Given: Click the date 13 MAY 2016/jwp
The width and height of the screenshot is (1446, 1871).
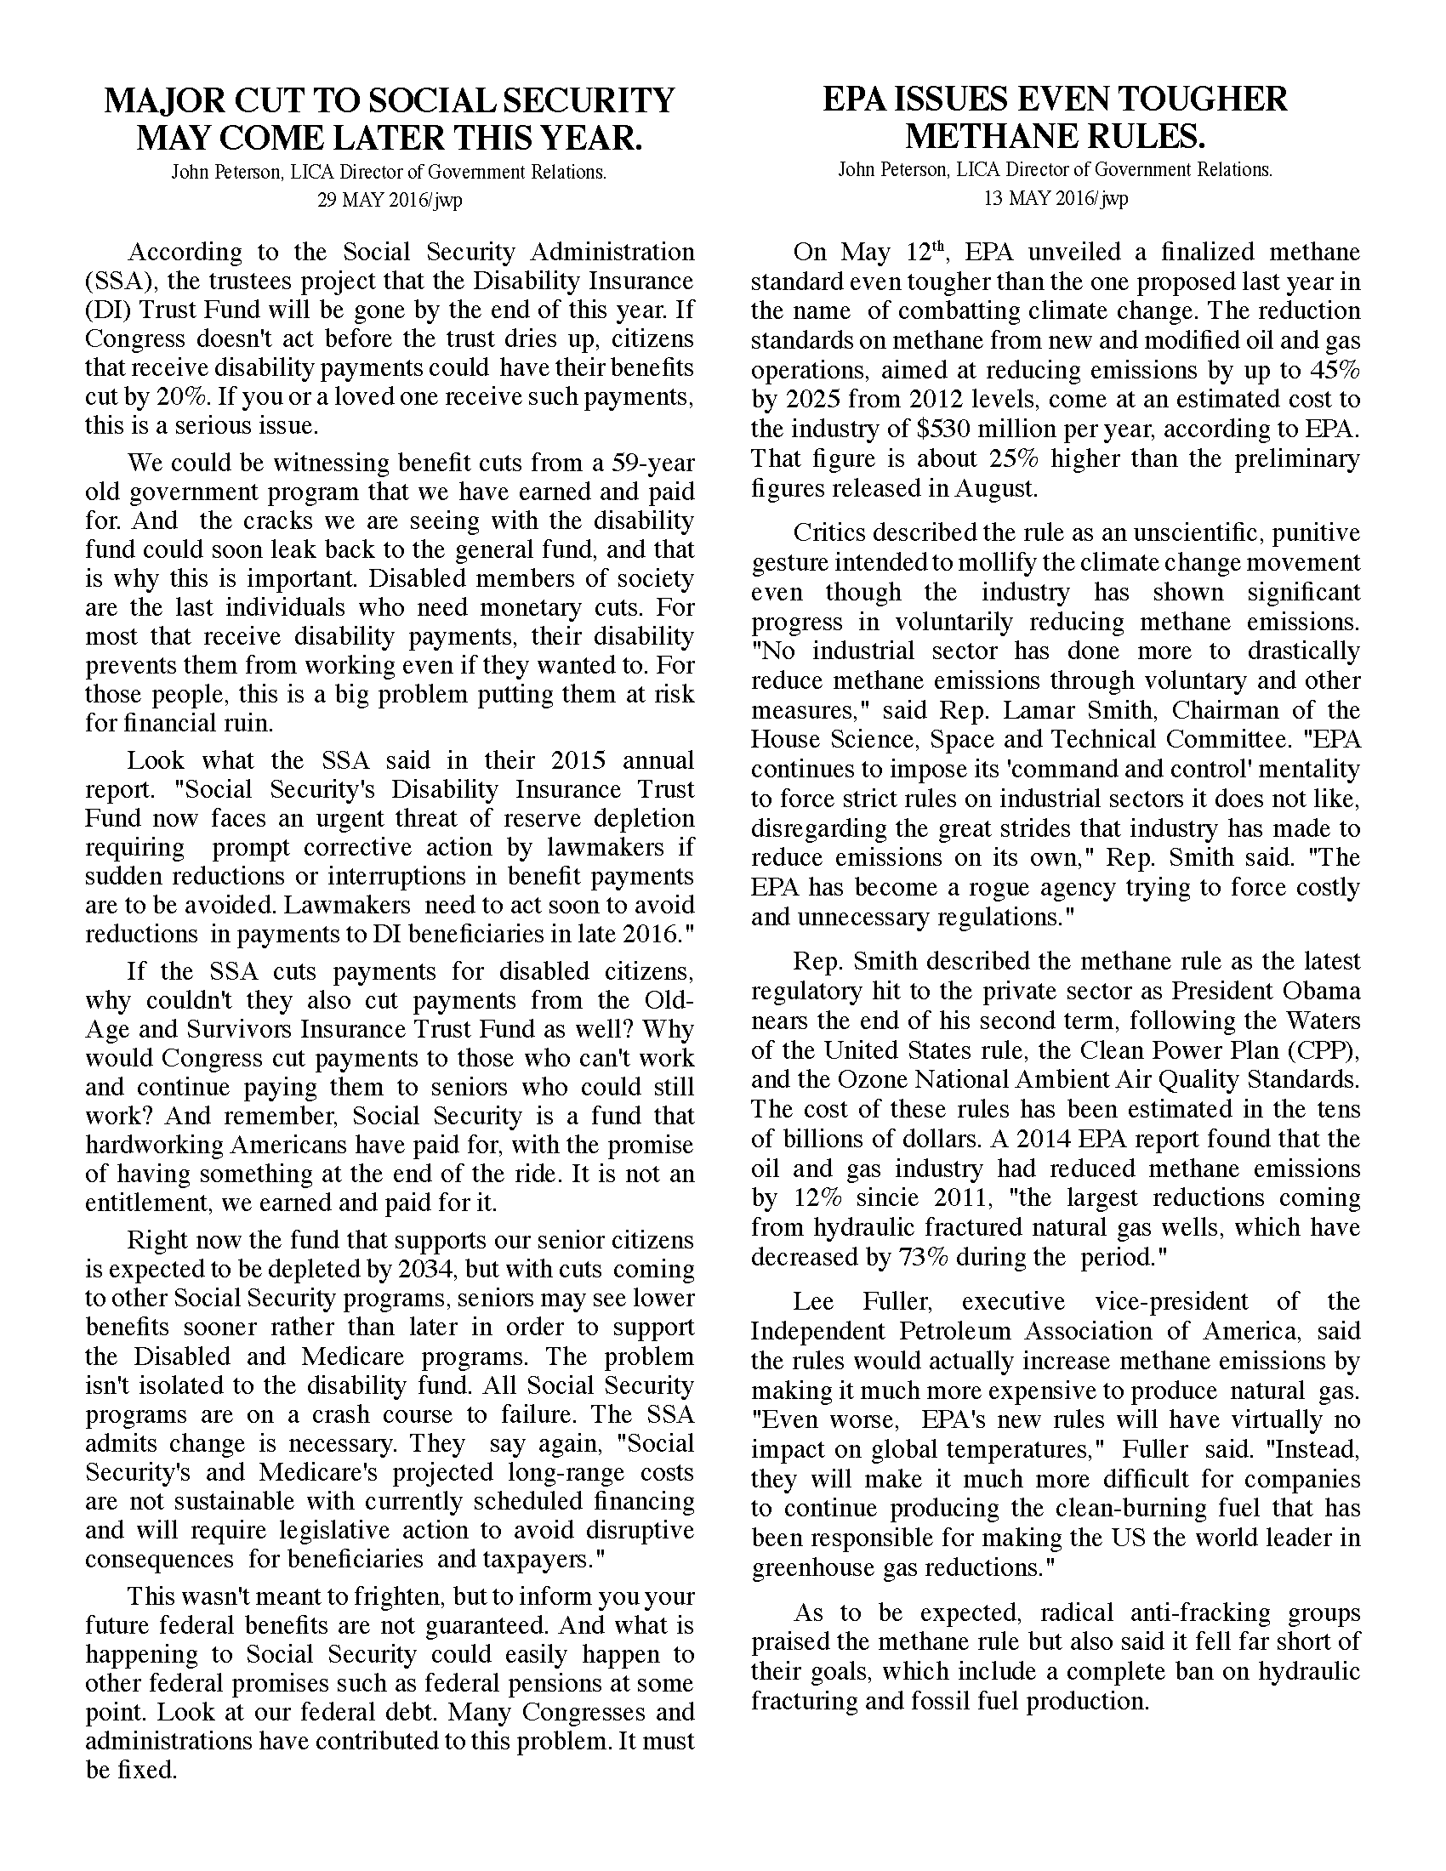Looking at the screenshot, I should pos(1055,199).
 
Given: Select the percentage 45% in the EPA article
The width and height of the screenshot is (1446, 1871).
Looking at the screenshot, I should pos(1335,370).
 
